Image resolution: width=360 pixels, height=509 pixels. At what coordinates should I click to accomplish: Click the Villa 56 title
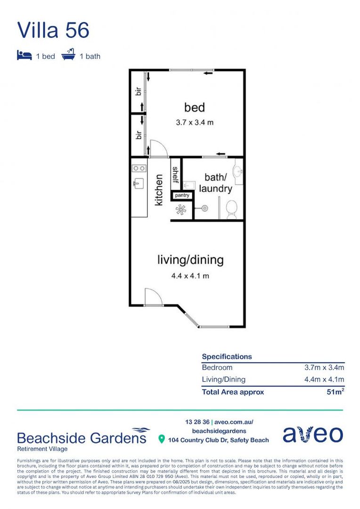pyautogui.click(x=53, y=30)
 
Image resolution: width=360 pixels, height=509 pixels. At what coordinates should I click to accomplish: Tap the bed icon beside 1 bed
pyautogui.click(x=25, y=55)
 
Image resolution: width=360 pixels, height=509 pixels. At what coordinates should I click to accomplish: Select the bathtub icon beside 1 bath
pyautogui.click(x=68, y=55)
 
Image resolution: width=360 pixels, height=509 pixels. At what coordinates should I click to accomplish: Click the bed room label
pyautogui.click(x=195, y=107)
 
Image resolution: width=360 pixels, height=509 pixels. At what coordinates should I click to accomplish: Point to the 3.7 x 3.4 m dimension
pyautogui.click(x=195, y=123)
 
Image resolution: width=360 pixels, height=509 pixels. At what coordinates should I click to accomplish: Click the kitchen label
pyautogui.click(x=159, y=190)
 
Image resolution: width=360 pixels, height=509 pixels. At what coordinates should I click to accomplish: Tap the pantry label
pyautogui.click(x=182, y=196)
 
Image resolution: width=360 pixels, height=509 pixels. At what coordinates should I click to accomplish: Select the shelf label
pyautogui.click(x=176, y=175)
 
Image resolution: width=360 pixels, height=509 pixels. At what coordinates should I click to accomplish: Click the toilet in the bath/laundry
pyautogui.click(x=231, y=209)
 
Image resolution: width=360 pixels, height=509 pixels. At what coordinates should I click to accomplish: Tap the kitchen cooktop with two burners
pyautogui.click(x=139, y=168)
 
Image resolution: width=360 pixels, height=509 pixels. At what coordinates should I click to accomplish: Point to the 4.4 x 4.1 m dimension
pyautogui.click(x=190, y=276)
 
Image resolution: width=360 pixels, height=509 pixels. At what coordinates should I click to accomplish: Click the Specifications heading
pyautogui.click(x=227, y=356)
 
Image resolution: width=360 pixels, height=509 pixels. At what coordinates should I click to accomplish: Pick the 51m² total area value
pyautogui.click(x=335, y=392)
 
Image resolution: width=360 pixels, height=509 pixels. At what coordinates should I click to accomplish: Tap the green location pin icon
pyautogui.click(x=161, y=439)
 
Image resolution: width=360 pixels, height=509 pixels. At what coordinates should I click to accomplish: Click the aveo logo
pyautogui.click(x=312, y=434)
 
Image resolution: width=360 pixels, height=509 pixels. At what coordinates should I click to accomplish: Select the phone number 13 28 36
pyautogui.click(x=197, y=422)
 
